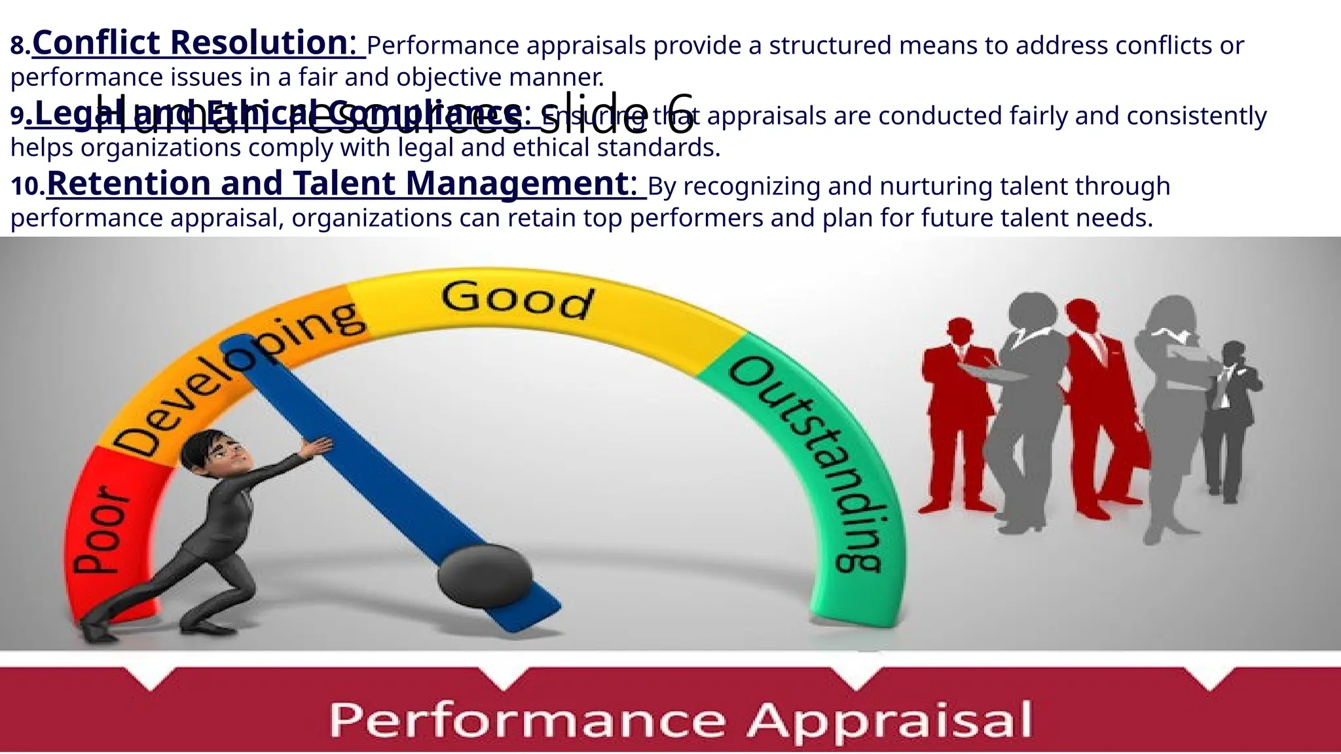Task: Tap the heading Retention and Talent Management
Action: pos(341,183)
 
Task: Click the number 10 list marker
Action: pos(26,187)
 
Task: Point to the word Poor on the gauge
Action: pos(102,531)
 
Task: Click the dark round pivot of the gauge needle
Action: pos(485,575)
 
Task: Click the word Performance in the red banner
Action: pos(527,720)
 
